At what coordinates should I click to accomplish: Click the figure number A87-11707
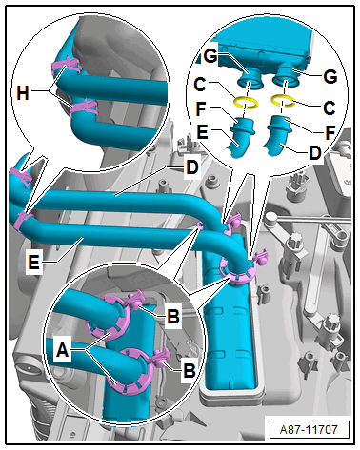309,430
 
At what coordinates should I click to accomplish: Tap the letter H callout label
23,94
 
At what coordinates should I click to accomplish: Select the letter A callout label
62,350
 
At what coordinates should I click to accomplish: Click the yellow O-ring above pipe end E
245,103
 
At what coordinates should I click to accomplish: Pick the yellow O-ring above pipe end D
283,100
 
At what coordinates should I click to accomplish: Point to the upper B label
173,316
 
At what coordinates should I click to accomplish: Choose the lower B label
190,370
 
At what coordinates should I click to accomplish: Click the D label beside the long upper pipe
191,167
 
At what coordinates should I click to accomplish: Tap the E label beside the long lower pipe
33,263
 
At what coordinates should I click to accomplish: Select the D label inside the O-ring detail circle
314,153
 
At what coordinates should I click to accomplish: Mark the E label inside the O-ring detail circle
201,131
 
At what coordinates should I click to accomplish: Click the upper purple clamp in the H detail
66,66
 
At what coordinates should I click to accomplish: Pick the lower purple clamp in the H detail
83,108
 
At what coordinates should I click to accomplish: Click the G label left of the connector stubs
210,57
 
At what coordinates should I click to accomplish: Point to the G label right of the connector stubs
330,77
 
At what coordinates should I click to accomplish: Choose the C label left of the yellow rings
200,85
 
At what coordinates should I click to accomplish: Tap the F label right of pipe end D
330,132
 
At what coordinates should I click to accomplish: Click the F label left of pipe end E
201,108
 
